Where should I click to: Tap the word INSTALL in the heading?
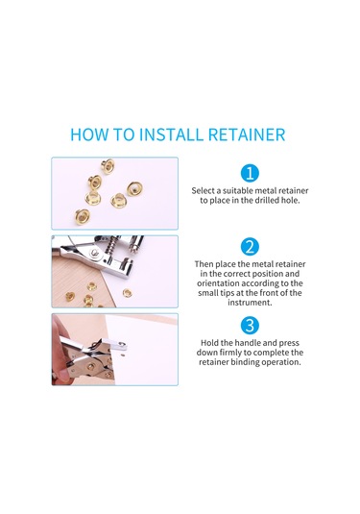pos(170,135)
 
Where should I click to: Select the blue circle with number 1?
pos(250,173)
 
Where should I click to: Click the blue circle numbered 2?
pos(250,247)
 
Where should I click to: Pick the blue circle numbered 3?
pos(250,326)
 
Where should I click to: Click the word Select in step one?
pos(203,190)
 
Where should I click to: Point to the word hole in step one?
pos(290,200)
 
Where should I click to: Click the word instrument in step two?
pos(250,303)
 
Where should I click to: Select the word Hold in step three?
pos(209,343)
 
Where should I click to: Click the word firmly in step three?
pos(230,353)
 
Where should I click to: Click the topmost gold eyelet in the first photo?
pos(108,166)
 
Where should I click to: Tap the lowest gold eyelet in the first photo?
pos(82,216)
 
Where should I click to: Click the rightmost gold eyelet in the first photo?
pos(134,189)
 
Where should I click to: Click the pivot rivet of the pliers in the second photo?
pos(95,253)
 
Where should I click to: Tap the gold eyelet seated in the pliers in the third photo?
pos(92,365)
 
